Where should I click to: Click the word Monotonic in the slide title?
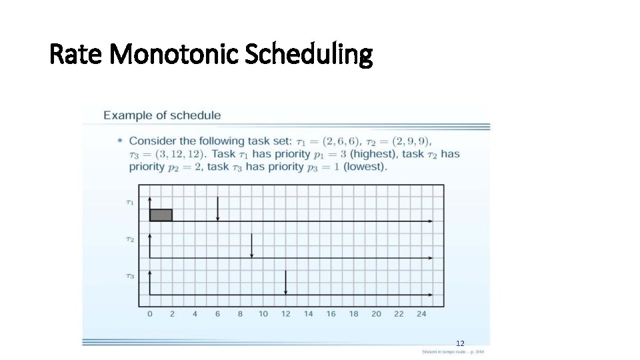click(175, 55)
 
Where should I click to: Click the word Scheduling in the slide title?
click(309, 55)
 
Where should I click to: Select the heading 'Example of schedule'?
click(162, 115)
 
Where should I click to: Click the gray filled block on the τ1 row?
click(161, 215)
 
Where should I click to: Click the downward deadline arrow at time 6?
click(217, 209)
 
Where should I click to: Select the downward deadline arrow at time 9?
click(251, 246)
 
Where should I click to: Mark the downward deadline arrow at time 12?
click(285, 283)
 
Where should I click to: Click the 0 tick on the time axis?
click(149, 313)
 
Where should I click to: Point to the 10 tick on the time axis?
click(263, 313)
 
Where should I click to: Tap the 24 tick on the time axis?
click(421, 313)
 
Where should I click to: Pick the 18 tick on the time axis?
click(353, 313)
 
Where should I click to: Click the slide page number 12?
click(460, 343)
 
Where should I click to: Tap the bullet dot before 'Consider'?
click(119, 141)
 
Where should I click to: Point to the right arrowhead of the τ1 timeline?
click(430, 221)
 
